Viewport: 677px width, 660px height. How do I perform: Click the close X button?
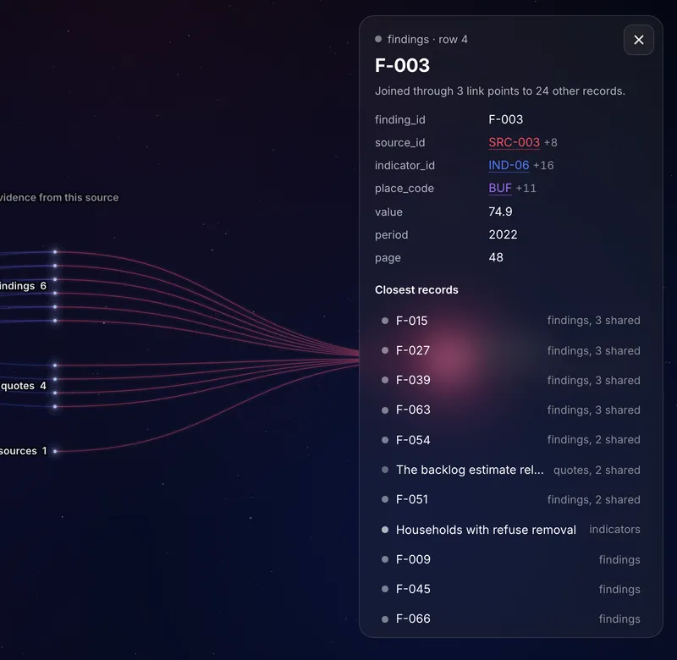pos(639,40)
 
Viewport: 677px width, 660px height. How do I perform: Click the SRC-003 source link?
pos(514,142)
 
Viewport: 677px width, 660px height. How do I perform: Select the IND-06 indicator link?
pos(509,165)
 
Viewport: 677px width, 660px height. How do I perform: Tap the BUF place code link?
pos(500,188)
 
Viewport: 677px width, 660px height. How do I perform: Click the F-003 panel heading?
pos(402,66)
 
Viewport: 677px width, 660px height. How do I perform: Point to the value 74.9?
pos(500,212)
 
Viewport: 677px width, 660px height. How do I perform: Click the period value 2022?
pos(503,234)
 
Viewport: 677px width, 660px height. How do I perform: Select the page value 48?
pos(496,257)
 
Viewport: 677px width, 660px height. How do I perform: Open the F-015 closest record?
pos(411,321)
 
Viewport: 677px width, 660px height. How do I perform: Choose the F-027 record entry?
pos(413,350)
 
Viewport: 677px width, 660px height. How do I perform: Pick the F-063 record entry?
pos(413,410)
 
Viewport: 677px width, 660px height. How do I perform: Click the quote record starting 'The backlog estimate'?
pos(470,470)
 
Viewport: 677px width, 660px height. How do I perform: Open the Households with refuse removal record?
pos(486,530)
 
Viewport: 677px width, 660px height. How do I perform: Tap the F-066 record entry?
pos(413,619)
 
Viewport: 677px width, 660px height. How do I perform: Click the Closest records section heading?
pos(416,289)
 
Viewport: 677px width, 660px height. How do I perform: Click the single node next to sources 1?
pos(55,451)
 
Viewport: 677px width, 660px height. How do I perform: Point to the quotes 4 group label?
pos(24,386)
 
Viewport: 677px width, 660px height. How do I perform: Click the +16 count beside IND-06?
pos(543,165)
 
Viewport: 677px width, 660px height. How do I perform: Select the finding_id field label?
pos(399,119)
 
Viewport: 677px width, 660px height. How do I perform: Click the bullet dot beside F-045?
pos(385,589)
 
